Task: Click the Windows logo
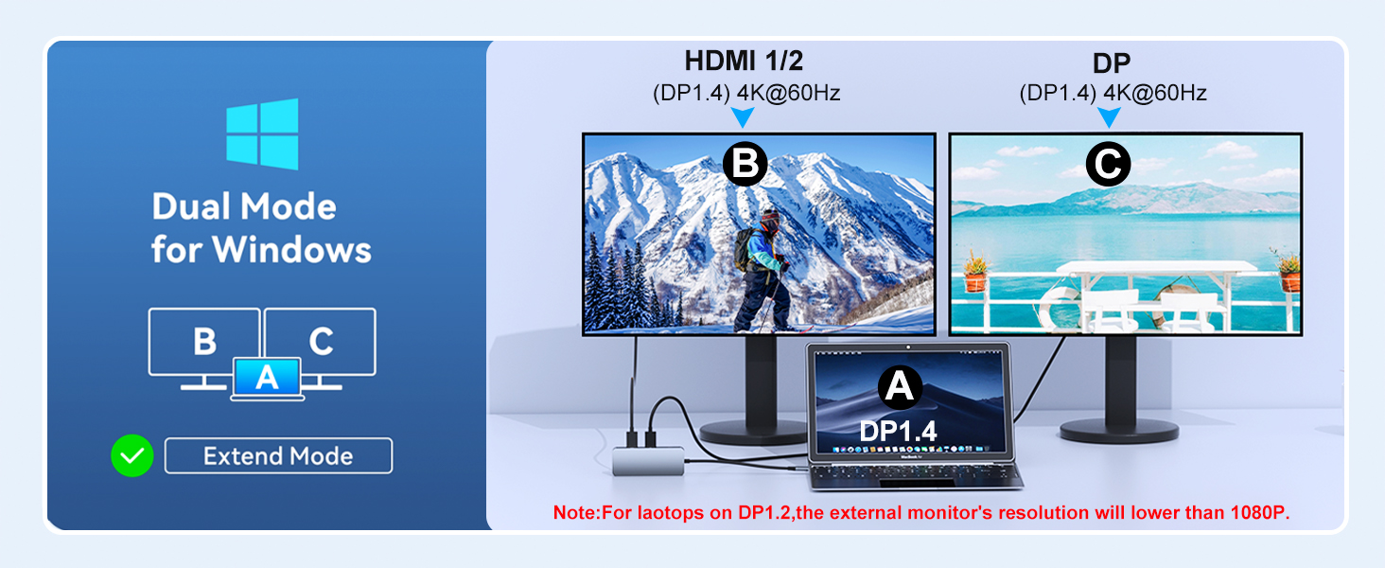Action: click(x=262, y=133)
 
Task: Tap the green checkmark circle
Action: click(x=132, y=455)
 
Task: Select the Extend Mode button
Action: click(x=278, y=455)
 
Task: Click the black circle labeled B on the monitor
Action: click(x=745, y=165)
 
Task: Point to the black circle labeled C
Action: click(x=1108, y=165)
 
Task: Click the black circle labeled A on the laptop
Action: click(x=900, y=386)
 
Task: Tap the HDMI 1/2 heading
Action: click(x=744, y=62)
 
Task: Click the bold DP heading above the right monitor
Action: click(x=1112, y=63)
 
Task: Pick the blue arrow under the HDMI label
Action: click(x=744, y=116)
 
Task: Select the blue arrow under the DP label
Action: click(x=1109, y=116)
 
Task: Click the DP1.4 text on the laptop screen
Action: click(x=898, y=430)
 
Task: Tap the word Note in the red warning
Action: click(x=573, y=512)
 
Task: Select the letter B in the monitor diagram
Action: click(x=204, y=340)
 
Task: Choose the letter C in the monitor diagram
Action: click(x=321, y=340)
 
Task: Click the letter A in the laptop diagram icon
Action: click(x=267, y=378)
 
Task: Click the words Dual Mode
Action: click(x=244, y=206)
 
